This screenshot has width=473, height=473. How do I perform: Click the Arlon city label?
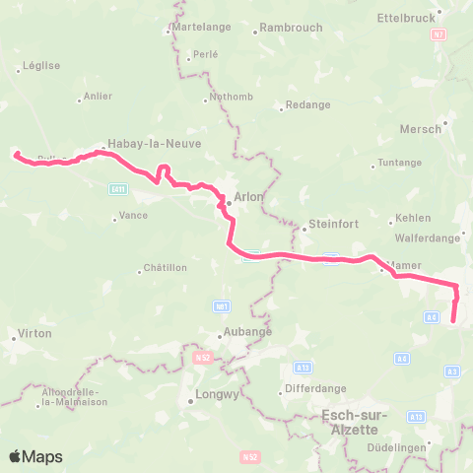point(248,197)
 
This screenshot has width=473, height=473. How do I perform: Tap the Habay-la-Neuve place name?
point(155,143)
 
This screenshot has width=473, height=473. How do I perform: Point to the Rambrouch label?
point(289,28)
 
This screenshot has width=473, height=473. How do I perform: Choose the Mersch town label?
point(421,129)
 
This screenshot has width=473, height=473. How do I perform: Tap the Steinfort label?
point(331,223)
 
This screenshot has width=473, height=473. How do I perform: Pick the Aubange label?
point(248,332)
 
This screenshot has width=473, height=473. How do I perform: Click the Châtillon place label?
point(165,268)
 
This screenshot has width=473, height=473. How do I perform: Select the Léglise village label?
point(38,66)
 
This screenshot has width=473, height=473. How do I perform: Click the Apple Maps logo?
point(35,456)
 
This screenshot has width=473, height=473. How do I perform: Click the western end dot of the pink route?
point(16,153)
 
